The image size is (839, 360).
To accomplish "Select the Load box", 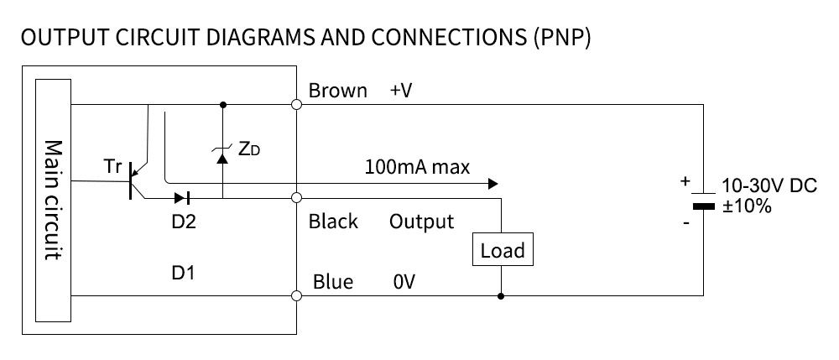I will [502, 250].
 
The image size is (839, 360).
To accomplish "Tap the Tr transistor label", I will [113, 166].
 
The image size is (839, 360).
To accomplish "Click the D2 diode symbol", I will [182, 199].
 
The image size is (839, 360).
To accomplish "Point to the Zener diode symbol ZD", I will [222, 153].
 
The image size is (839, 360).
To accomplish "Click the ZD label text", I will [248, 149].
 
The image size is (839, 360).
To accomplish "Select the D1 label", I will [183, 273].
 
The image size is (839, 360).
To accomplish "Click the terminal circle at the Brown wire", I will [296, 105].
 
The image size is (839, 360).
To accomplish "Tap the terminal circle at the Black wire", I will [296, 199].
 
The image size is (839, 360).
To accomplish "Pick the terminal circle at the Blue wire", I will [296, 295].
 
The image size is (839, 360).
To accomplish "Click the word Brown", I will [337, 91].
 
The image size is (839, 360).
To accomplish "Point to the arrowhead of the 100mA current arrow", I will [493, 183].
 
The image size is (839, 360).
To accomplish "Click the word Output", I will [421, 222].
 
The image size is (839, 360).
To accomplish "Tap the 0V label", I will [404, 283].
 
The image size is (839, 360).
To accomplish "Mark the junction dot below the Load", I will [501, 295].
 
